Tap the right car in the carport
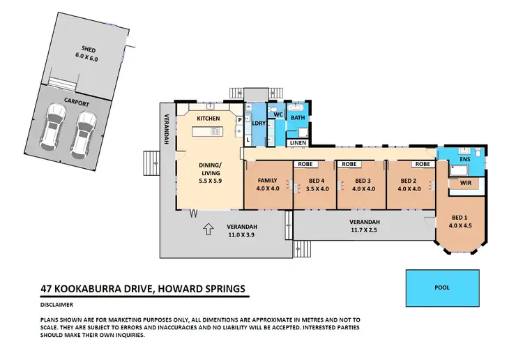click(85, 131)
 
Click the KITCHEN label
click(208, 119)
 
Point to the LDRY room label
click(259, 123)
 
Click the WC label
click(277, 114)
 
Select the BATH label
click(298, 118)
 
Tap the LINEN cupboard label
click(298, 143)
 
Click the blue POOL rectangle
click(443, 287)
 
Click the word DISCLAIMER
click(57, 304)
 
